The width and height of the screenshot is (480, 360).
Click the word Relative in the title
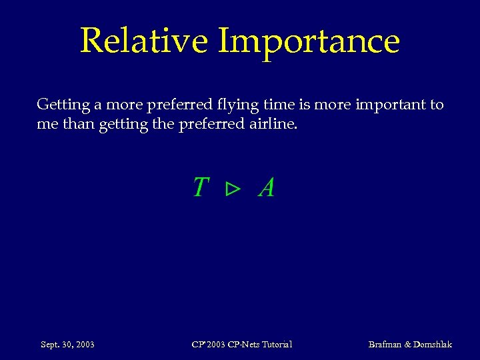pos(143,41)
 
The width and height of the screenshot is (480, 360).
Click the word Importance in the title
pos(309,41)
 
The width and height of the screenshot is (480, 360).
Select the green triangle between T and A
pos(232,190)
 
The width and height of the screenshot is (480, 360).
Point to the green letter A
pos(266,188)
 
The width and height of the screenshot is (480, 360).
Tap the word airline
pos(273,124)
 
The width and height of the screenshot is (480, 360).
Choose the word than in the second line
pos(79,124)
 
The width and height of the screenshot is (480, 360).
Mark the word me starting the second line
pos(47,125)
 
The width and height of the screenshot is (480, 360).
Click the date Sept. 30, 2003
pos(67,345)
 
